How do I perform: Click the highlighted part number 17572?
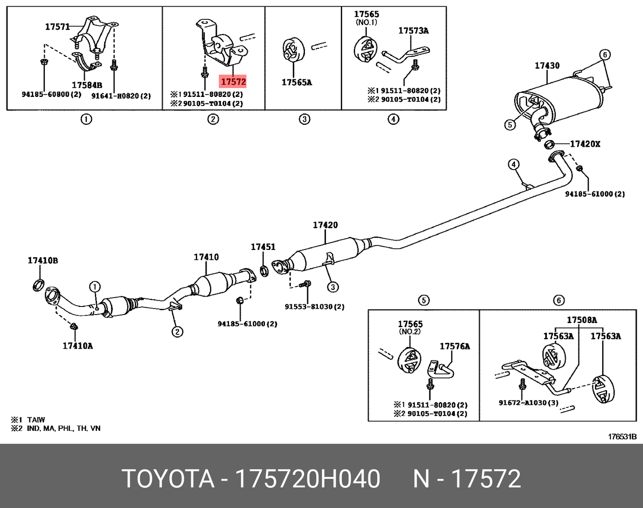(233, 81)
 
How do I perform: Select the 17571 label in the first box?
(57, 27)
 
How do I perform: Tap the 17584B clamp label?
(87, 85)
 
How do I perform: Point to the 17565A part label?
(296, 82)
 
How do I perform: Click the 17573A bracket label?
(413, 31)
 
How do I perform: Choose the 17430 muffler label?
(547, 66)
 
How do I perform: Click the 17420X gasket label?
(585, 144)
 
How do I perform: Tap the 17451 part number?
(263, 247)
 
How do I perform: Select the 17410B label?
(43, 260)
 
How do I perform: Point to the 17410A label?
(78, 346)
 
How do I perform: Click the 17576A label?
(454, 346)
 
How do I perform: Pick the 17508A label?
(581, 320)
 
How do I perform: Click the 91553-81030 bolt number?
(314, 307)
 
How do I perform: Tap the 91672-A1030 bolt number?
(528, 403)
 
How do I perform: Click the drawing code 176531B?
(622, 437)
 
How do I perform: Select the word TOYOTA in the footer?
(168, 479)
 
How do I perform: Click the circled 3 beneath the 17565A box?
(304, 119)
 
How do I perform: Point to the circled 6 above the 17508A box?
(559, 300)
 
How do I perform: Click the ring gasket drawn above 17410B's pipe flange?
(39, 284)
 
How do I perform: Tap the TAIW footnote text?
(35, 420)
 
